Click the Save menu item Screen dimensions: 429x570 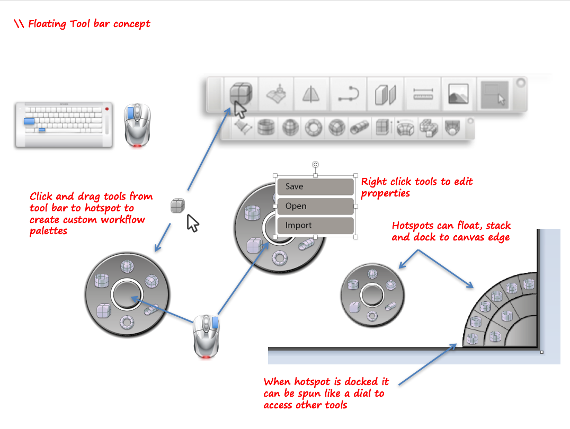pos(315,186)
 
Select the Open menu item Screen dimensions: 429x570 pos(315,206)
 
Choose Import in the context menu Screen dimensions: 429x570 pos(315,225)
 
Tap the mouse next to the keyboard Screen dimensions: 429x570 pos(137,124)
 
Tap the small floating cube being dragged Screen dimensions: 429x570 pos(177,206)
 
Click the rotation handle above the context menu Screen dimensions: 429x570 pos(316,165)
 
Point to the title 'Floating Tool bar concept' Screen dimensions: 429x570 pos(89,24)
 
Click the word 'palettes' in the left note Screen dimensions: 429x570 pos(49,230)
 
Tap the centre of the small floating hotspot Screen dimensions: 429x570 pos(372,295)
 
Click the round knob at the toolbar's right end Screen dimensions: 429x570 pos(520,83)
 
